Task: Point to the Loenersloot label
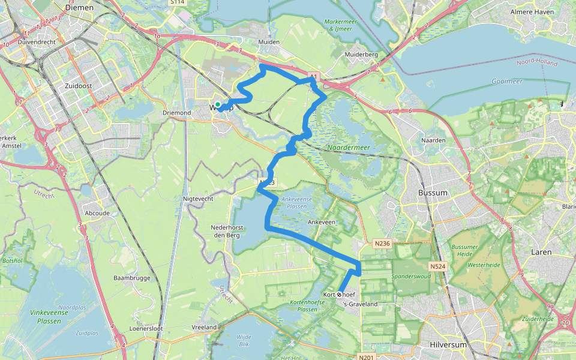[x=146, y=329]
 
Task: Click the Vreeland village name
[x=204, y=327]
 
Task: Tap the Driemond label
[x=176, y=112]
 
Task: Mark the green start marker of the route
[x=218, y=106]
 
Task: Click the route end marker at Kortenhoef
[x=340, y=295]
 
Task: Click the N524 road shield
[x=437, y=266]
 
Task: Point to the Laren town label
[x=541, y=252]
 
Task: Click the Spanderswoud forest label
[x=411, y=277]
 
